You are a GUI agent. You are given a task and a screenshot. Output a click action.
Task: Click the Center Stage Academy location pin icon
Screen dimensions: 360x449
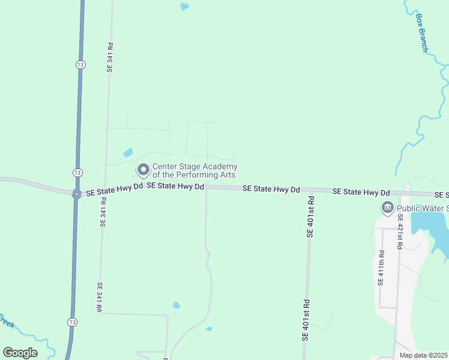pos(143,170)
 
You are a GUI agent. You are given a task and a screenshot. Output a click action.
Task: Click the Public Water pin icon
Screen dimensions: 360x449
pos(387,208)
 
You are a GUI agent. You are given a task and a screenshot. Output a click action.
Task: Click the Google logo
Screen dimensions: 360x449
pos(20,352)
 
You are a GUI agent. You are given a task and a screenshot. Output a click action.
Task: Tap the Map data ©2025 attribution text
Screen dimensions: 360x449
pos(423,355)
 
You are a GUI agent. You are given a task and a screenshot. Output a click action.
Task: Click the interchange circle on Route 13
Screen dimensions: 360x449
pos(76,194)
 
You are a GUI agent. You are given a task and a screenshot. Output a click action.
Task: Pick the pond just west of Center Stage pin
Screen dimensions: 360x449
pos(128,152)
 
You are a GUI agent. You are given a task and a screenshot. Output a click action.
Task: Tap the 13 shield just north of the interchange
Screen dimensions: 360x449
pos(77,172)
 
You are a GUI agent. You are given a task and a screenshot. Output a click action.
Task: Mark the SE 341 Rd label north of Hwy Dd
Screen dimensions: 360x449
pos(110,58)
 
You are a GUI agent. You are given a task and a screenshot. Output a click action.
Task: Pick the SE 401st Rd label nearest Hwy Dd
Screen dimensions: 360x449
pos(310,215)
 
